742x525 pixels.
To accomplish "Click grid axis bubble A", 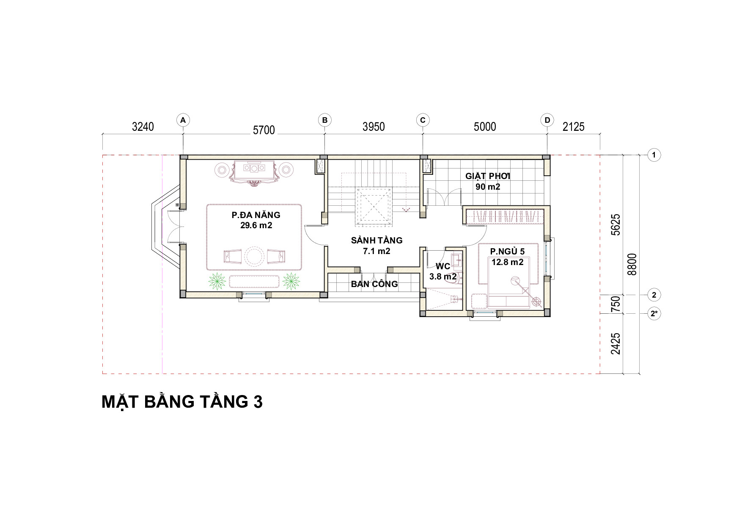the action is click(183, 120).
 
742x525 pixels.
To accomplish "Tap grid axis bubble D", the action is click(547, 120).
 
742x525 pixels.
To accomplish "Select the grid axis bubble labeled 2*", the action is click(654, 314).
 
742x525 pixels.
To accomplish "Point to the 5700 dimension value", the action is click(264, 130).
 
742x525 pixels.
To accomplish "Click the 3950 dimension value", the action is click(374, 127).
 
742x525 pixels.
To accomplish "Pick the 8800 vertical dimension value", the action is click(632, 264).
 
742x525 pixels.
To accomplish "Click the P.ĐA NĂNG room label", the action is click(256, 215).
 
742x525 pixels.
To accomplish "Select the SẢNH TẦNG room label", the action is click(376, 240).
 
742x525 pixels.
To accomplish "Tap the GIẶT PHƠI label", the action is click(488, 176).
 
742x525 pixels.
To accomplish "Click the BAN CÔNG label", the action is click(374, 284).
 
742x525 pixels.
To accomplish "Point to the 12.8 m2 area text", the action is click(507, 262).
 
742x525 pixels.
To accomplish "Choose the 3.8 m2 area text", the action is click(443, 277).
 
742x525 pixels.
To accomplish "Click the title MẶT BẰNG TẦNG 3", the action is click(182, 402).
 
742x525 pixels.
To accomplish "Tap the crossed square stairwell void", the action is click(373, 204).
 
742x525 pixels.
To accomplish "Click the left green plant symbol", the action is click(218, 281).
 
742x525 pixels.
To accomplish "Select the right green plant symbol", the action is click(291, 281).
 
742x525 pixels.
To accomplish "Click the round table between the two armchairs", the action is click(254, 256).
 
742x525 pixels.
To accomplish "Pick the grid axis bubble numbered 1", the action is click(654, 155).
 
